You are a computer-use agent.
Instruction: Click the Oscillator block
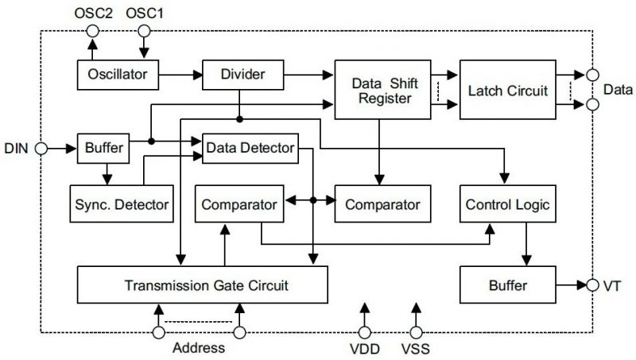(x=117, y=75)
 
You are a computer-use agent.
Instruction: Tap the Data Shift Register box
(x=382, y=91)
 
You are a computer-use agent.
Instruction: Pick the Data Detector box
(x=250, y=148)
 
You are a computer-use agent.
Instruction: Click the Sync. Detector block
(x=120, y=204)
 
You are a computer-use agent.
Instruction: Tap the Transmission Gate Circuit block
(x=202, y=283)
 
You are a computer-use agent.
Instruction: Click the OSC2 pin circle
(x=93, y=31)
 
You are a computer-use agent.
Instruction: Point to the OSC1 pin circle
(x=143, y=31)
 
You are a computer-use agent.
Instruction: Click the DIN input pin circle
(x=41, y=148)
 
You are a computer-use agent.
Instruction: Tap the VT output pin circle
(x=593, y=284)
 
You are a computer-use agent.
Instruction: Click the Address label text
(x=197, y=348)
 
